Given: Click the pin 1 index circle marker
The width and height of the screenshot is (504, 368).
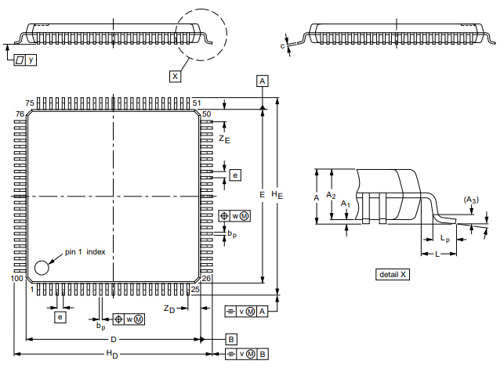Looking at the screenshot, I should pyautogui.click(x=42, y=267).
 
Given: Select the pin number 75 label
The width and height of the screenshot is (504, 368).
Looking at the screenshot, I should pyautogui.click(x=30, y=103).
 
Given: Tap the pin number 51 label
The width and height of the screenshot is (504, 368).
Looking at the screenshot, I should pyautogui.click(x=197, y=103).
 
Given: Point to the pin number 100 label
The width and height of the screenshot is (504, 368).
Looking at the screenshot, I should pyautogui.click(x=17, y=279).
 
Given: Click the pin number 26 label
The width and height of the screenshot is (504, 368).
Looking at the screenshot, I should pyautogui.click(x=207, y=279).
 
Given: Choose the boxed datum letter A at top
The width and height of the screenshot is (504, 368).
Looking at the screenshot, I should pyautogui.click(x=263, y=81).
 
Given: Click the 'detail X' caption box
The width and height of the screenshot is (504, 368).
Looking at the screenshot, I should pyautogui.click(x=393, y=275).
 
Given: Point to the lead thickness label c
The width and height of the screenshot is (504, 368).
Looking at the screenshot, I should pyautogui.click(x=282, y=46).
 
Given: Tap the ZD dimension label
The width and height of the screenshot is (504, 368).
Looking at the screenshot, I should pyautogui.click(x=169, y=308).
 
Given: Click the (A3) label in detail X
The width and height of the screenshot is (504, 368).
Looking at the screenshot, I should pyautogui.click(x=470, y=200).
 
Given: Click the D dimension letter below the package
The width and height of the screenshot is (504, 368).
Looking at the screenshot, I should pyautogui.click(x=113, y=340).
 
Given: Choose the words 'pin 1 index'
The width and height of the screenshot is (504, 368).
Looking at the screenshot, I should pyautogui.click(x=86, y=252).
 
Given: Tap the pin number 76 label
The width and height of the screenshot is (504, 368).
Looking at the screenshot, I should pyautogui.click(x=20, y=114).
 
